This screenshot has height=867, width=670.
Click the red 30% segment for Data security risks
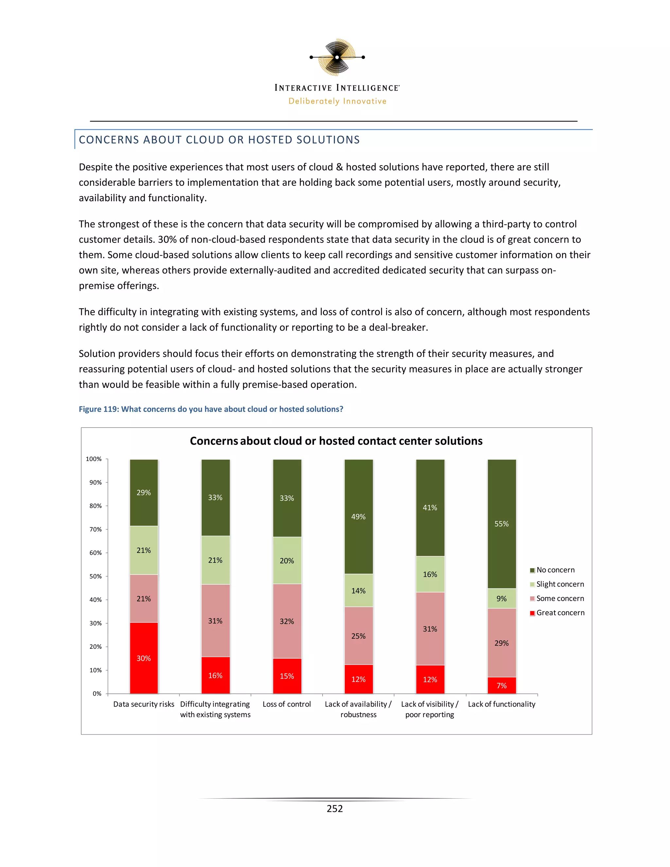(144, 658)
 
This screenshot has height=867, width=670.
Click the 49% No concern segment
(359, 517)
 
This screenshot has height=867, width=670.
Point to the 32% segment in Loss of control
(287, 621)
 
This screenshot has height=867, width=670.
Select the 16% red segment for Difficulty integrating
(215, 675)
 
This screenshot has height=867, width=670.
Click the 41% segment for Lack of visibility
(430, 507)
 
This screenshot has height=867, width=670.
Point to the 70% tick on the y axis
(96, 529)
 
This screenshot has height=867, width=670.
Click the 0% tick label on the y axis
(97, 694)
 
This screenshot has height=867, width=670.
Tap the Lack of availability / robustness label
(359, 709)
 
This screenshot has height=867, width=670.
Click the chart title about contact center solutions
(336, 441)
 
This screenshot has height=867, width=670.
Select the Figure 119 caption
(211, 409)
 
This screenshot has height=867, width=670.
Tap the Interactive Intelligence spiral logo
(337, 57)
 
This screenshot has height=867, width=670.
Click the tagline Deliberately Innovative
(337, 101)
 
